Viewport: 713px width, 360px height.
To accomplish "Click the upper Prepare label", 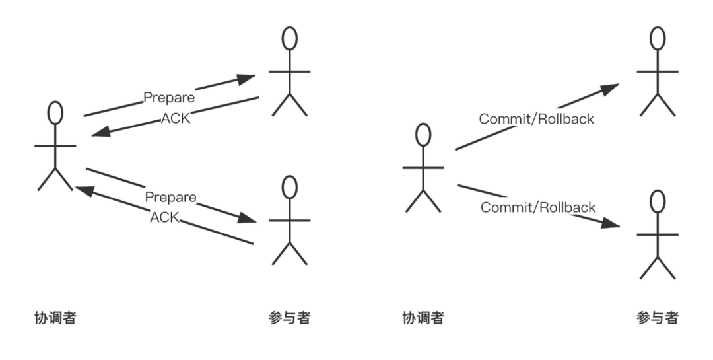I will pos(169,98).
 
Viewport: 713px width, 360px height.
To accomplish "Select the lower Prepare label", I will pos(170,198).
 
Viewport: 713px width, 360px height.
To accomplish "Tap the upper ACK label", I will pos(176,118).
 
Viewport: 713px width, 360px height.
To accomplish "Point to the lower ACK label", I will pos(165,217).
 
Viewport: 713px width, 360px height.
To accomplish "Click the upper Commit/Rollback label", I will pos(536,119).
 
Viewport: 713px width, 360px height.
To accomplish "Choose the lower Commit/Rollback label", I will pos(538,207).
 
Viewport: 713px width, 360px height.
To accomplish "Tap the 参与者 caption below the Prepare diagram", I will pos(289,318).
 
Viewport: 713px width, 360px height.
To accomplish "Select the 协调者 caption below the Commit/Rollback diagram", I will pos(423,318).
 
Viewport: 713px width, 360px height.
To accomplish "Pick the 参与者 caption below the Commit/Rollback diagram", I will pos(657,318).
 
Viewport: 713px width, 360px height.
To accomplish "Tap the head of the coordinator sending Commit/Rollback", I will pos(423,135).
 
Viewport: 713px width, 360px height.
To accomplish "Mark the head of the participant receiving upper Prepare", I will pos(289,38).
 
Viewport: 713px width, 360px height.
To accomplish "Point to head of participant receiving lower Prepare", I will pos(289,188).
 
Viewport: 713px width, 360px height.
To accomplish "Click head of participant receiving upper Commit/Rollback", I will pos(658,38).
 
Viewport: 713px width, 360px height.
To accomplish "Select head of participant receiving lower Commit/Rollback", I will pos(656,201).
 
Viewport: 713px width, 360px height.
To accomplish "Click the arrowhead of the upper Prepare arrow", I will pos(249,77).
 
